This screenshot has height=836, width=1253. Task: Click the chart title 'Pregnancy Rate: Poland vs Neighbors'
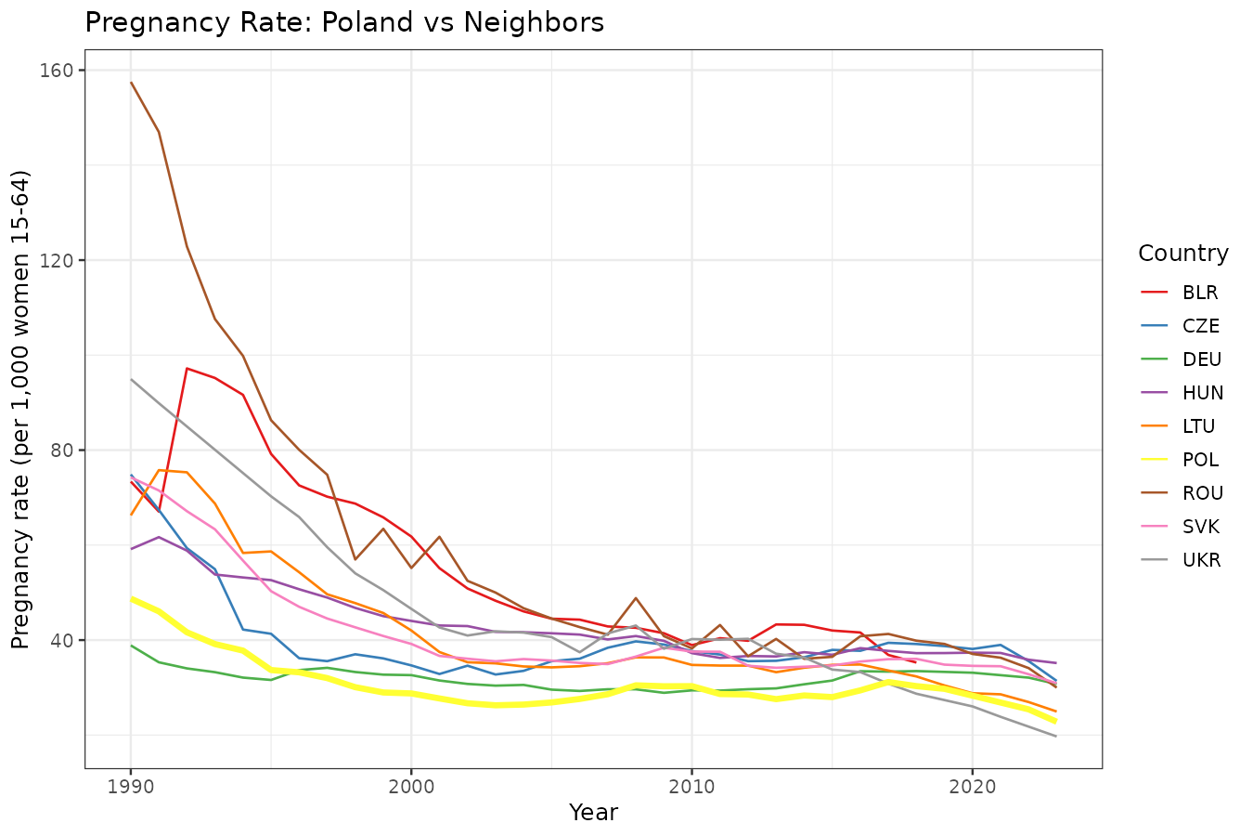point(344,22)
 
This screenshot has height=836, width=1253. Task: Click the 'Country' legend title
point(1182,254)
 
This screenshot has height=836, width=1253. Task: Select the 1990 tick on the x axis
point(131,785)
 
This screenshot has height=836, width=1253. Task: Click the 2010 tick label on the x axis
point(691,785)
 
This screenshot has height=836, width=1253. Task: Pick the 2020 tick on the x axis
point(972,785)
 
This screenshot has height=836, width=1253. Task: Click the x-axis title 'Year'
point(593,813)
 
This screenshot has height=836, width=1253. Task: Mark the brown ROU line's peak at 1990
point(131,82)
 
